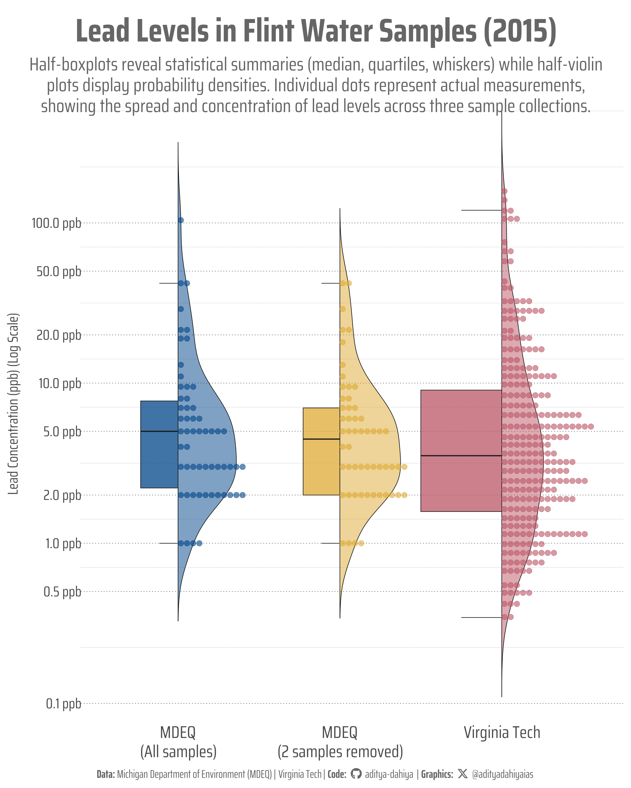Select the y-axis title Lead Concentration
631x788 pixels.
13,404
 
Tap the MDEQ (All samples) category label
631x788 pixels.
178,742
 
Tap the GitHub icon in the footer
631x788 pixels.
356,774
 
